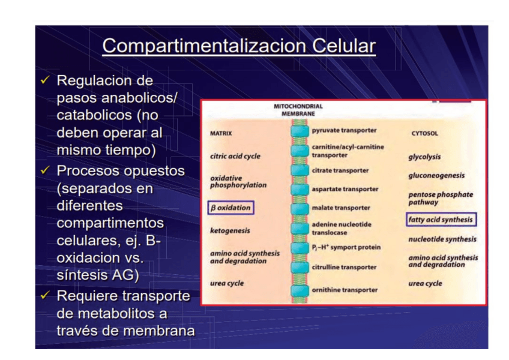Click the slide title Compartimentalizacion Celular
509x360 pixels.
(238, 46)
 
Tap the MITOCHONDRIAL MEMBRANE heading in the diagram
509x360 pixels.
(298, 110)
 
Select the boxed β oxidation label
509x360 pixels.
(230, 208)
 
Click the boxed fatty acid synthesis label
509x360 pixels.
(441, 220)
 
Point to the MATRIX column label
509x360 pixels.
(221, 133)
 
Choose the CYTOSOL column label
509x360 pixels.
(424, 134)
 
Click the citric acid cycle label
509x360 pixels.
(235, 156)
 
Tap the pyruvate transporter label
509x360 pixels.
(344, 130)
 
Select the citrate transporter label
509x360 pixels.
(340, 170)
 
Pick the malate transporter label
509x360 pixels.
(340, 208)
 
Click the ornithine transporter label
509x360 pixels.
(345, 290)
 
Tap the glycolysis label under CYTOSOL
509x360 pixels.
(424, 157)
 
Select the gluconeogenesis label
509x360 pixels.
(436, 176)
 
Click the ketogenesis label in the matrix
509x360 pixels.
(230, 230)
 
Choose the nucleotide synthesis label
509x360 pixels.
(442, 239)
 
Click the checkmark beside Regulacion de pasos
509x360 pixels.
(45, 80)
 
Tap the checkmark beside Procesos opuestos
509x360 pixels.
(45, 171)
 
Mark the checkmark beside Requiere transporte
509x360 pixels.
(45, 296)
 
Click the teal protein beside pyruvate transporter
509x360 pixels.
(299, 131)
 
